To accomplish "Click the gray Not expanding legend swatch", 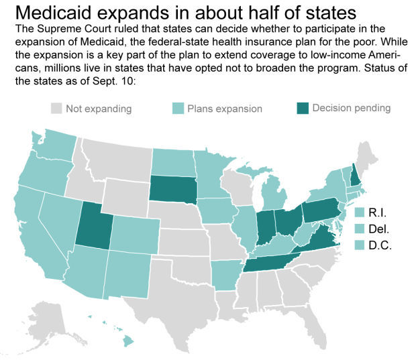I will point(57,109).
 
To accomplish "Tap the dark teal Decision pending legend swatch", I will point(301,109).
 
